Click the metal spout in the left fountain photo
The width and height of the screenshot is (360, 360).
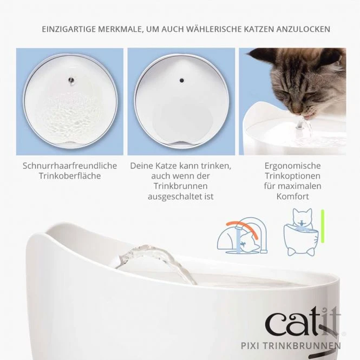[x=72, y=80]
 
